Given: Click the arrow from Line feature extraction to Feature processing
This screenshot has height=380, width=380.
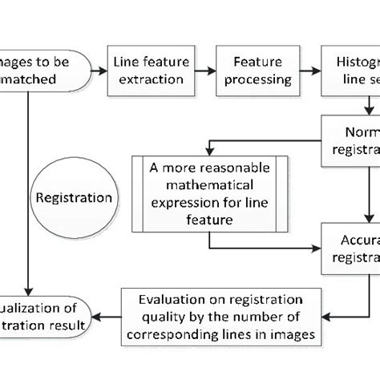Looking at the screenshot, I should tap(205, 71).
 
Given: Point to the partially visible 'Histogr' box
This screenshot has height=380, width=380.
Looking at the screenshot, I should tap(351, 70).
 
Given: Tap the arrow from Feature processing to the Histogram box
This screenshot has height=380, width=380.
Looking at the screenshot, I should tap(309, 71).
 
